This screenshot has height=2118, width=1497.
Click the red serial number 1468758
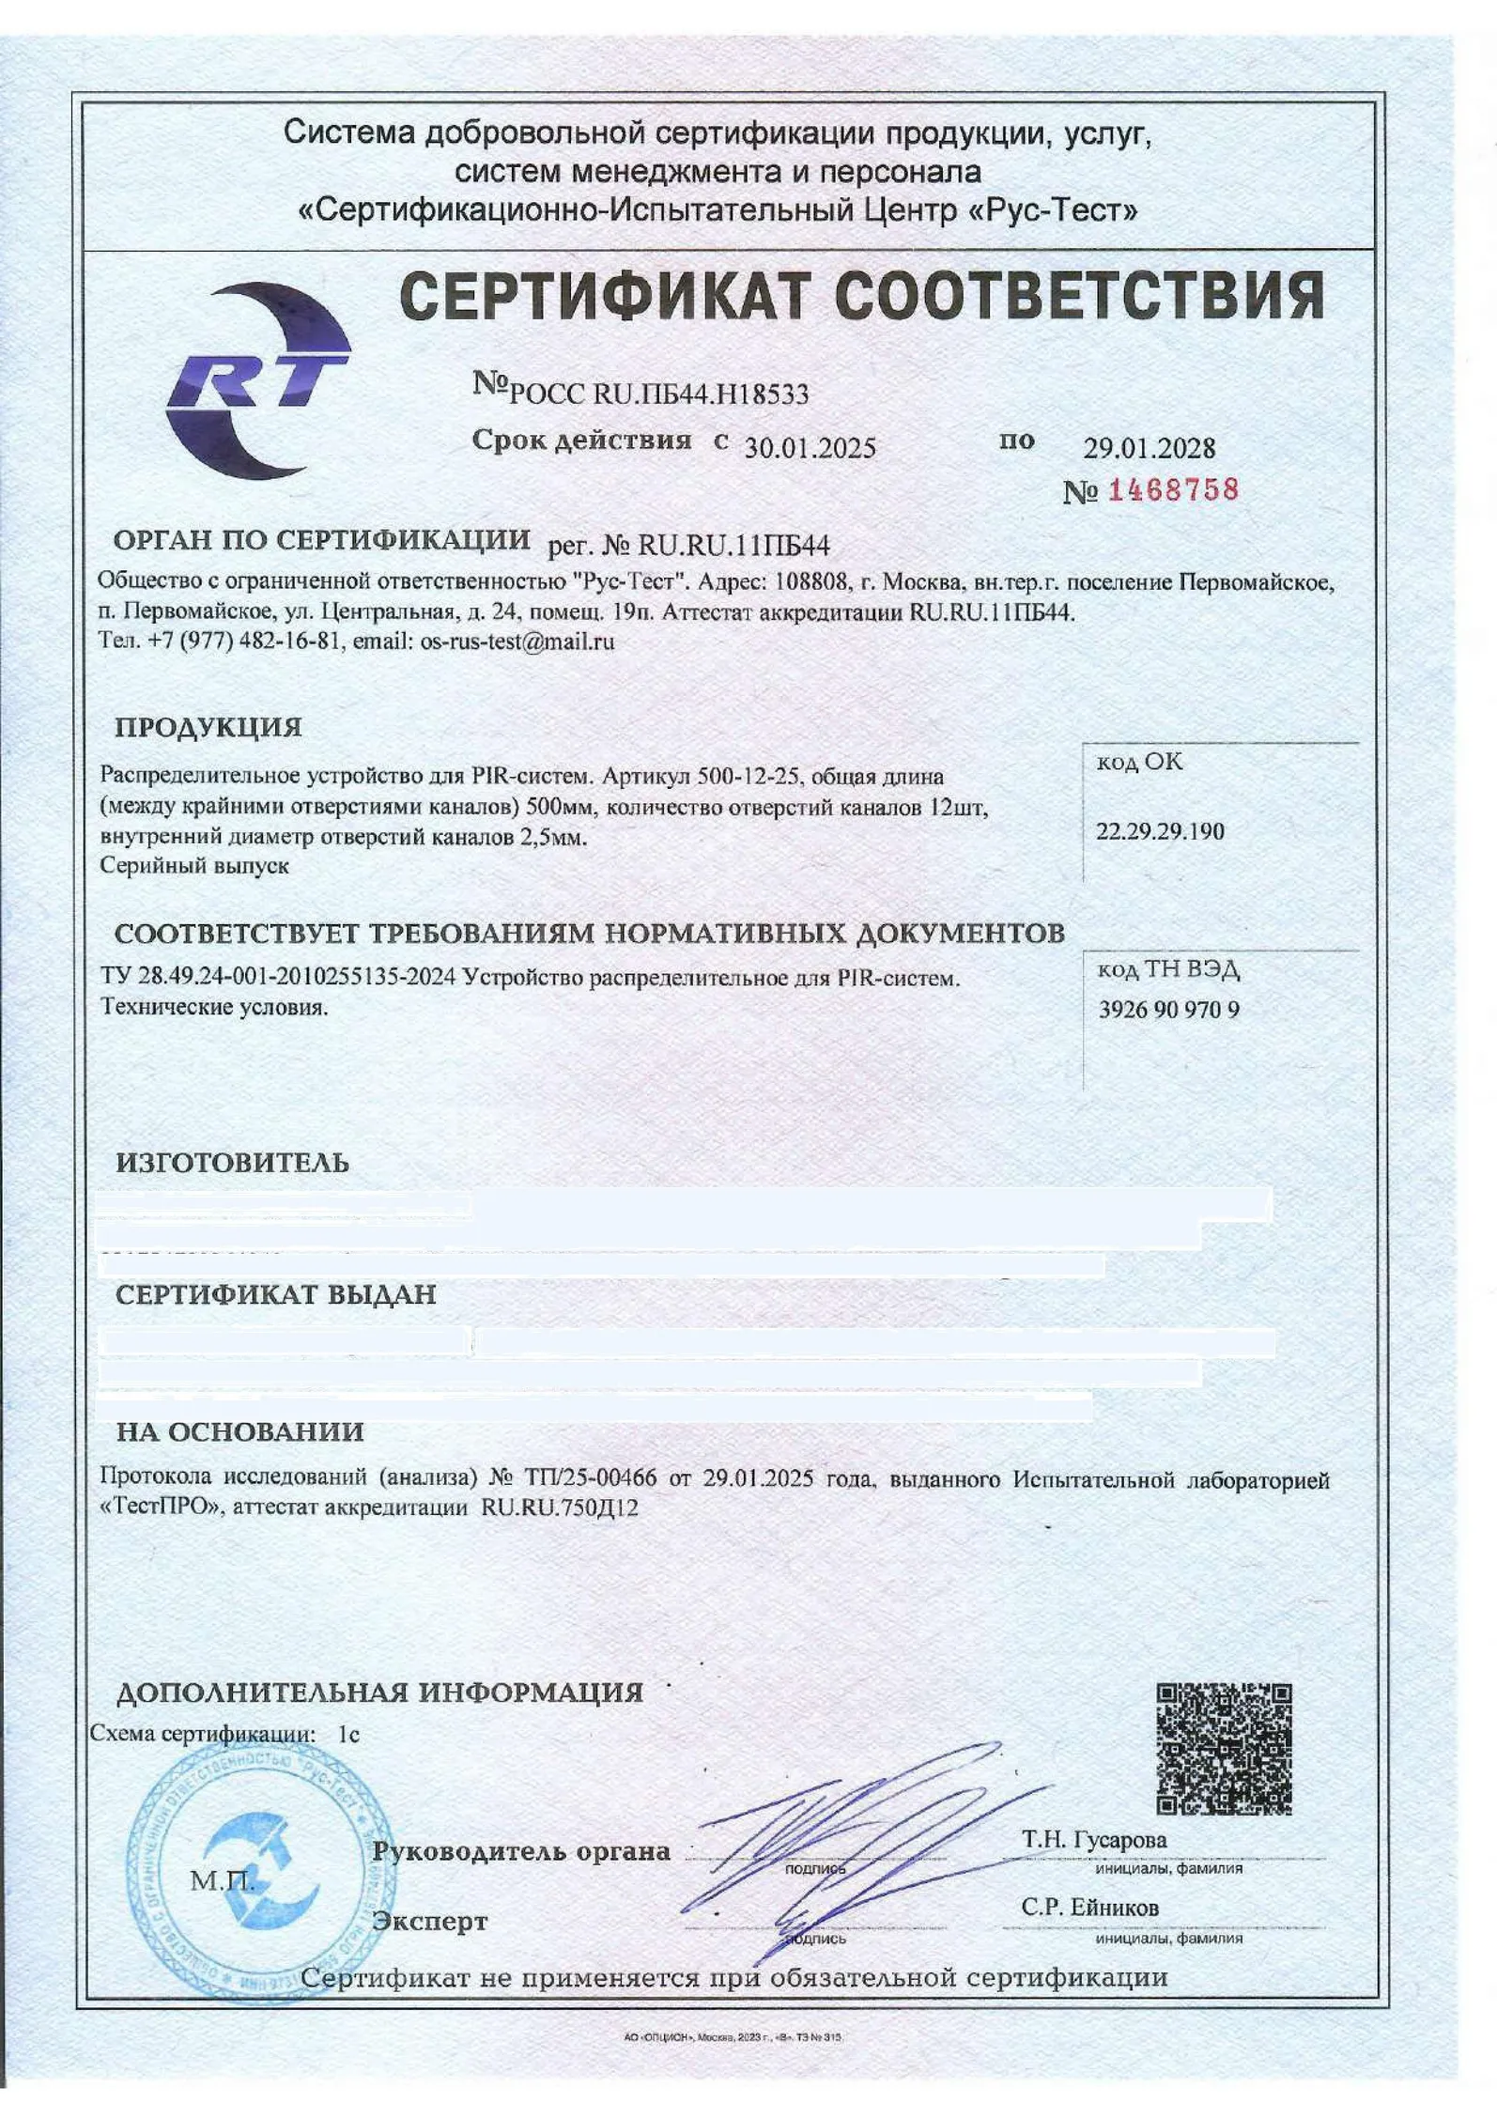pyautogui.click(x=1173, y=490)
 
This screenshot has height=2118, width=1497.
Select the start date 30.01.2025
pyautogui.click(x=810, y=448)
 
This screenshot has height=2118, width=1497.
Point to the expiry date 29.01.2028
pyautogui.click(x=1149, y=448)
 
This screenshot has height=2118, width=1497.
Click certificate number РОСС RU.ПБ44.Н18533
pyautogui.click(x=657, y=394)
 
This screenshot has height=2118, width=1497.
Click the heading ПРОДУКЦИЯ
pyautogui.click(x=208, y=728)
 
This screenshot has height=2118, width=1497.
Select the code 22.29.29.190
pyautogui.click(x=1160, y=831)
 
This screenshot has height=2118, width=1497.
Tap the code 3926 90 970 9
pyautogui.click(x=1168, y=1010)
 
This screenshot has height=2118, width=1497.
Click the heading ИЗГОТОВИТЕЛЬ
pyautogui.click(x=232, y=1163)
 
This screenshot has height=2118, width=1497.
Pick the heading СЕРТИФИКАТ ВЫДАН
pyautogui.click(x=275, y=1295)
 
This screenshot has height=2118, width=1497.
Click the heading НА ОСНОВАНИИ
pyautogui.click(x=239, y=1432)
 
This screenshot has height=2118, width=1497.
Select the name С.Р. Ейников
pyautogui.click(x=1089, y=1908)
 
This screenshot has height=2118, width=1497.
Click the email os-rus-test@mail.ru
pyautogui.click(x=517, y=642)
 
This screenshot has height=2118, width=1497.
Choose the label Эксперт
pyautogui.click(x=429, y=1922)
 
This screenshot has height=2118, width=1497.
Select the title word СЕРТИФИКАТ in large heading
pyautogui.click(x=605, y=297)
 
